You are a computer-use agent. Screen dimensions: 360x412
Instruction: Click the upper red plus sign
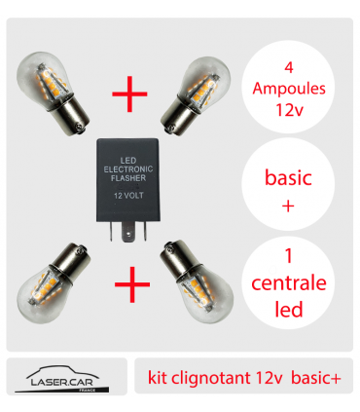(129, 94)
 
